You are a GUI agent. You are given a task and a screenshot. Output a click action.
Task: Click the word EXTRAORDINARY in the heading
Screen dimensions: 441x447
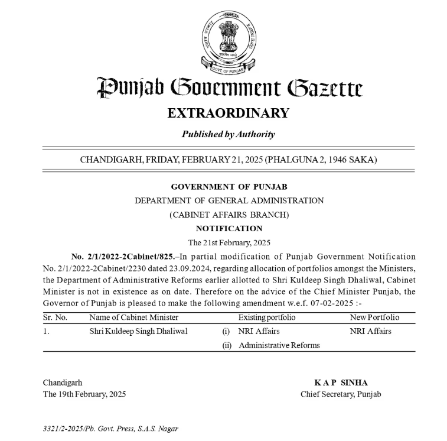click(x=228, y=113)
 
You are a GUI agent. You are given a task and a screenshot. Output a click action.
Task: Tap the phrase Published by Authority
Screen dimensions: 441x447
click(x=228, y=134)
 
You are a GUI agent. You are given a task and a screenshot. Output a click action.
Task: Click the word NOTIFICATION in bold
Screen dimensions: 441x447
click(x=229, y=228)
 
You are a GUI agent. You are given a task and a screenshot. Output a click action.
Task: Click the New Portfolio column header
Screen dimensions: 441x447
click(x=374, y=317)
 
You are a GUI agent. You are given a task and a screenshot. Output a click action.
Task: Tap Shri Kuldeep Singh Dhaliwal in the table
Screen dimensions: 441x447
click(x=138, y=331)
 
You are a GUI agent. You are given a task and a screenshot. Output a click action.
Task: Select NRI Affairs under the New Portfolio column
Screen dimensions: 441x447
click(x=370, y=331)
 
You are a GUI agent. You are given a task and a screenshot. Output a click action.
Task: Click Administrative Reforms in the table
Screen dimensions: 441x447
click(x=279, y=345)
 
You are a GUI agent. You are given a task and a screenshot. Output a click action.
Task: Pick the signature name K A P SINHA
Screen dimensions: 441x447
click(x=341, y=383)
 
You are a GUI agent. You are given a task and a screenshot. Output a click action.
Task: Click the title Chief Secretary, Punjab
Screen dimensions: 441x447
click(x=341, y=394)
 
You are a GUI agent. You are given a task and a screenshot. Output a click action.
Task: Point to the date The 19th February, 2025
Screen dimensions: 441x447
click(x=84, y=394)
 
